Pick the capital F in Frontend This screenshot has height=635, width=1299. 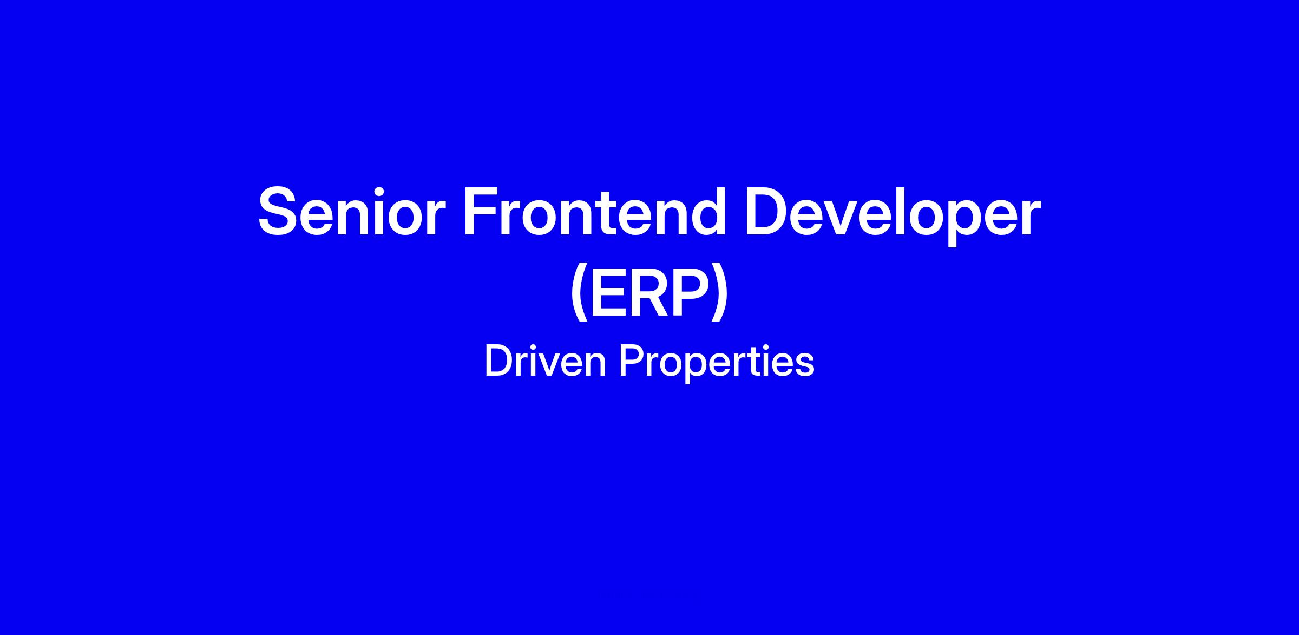click(482, 212)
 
